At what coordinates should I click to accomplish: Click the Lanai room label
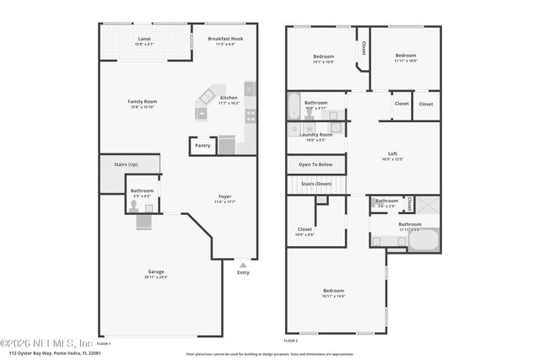click(145, 39)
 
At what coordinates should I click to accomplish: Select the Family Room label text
click(143, 101)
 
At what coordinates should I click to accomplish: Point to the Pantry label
click(202, 145)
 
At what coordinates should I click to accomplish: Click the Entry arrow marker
click(243, 264)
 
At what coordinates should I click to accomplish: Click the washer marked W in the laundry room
click(309, 128)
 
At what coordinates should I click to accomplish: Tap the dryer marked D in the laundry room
click(294, 128)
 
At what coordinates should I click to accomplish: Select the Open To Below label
click(316, 164)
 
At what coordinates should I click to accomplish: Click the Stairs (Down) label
click(316, 183)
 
